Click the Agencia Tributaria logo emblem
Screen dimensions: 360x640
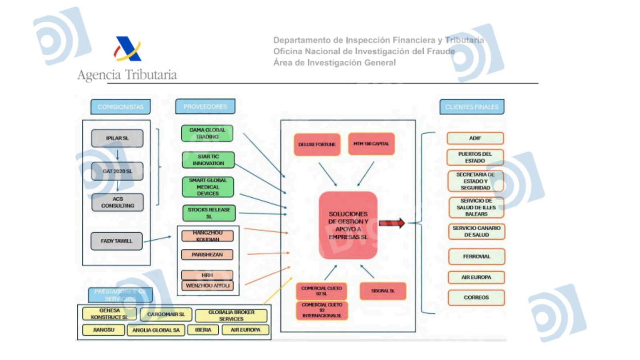click(128, 49)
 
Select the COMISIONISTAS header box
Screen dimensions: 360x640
click(120, 107)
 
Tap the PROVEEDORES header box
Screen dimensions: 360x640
click(205, 106)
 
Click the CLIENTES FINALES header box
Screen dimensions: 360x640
click(472, 107)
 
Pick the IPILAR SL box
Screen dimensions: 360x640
click(117, 138)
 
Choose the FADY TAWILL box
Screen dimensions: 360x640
click(116, 241)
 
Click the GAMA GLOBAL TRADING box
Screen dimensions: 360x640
click(207, 134)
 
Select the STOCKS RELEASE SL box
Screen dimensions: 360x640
click(209, 213)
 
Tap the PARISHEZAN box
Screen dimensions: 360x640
click(207, 255)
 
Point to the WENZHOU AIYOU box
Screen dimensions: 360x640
click(207, 286)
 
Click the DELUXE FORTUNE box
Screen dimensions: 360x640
click(317, 144)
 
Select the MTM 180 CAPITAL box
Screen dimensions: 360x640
click(371, 144)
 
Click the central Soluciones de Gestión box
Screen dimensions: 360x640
click(348, 225)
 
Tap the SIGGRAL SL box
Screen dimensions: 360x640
click(383, 291)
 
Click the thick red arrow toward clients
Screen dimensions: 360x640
click(392, 223)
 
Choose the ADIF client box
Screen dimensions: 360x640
click(475, 138)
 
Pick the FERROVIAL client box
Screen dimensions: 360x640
click(476, 257)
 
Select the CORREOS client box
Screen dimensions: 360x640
click(476, 298)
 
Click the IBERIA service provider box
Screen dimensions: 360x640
click(203, 330)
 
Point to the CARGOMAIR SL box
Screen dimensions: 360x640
click(166, 314)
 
